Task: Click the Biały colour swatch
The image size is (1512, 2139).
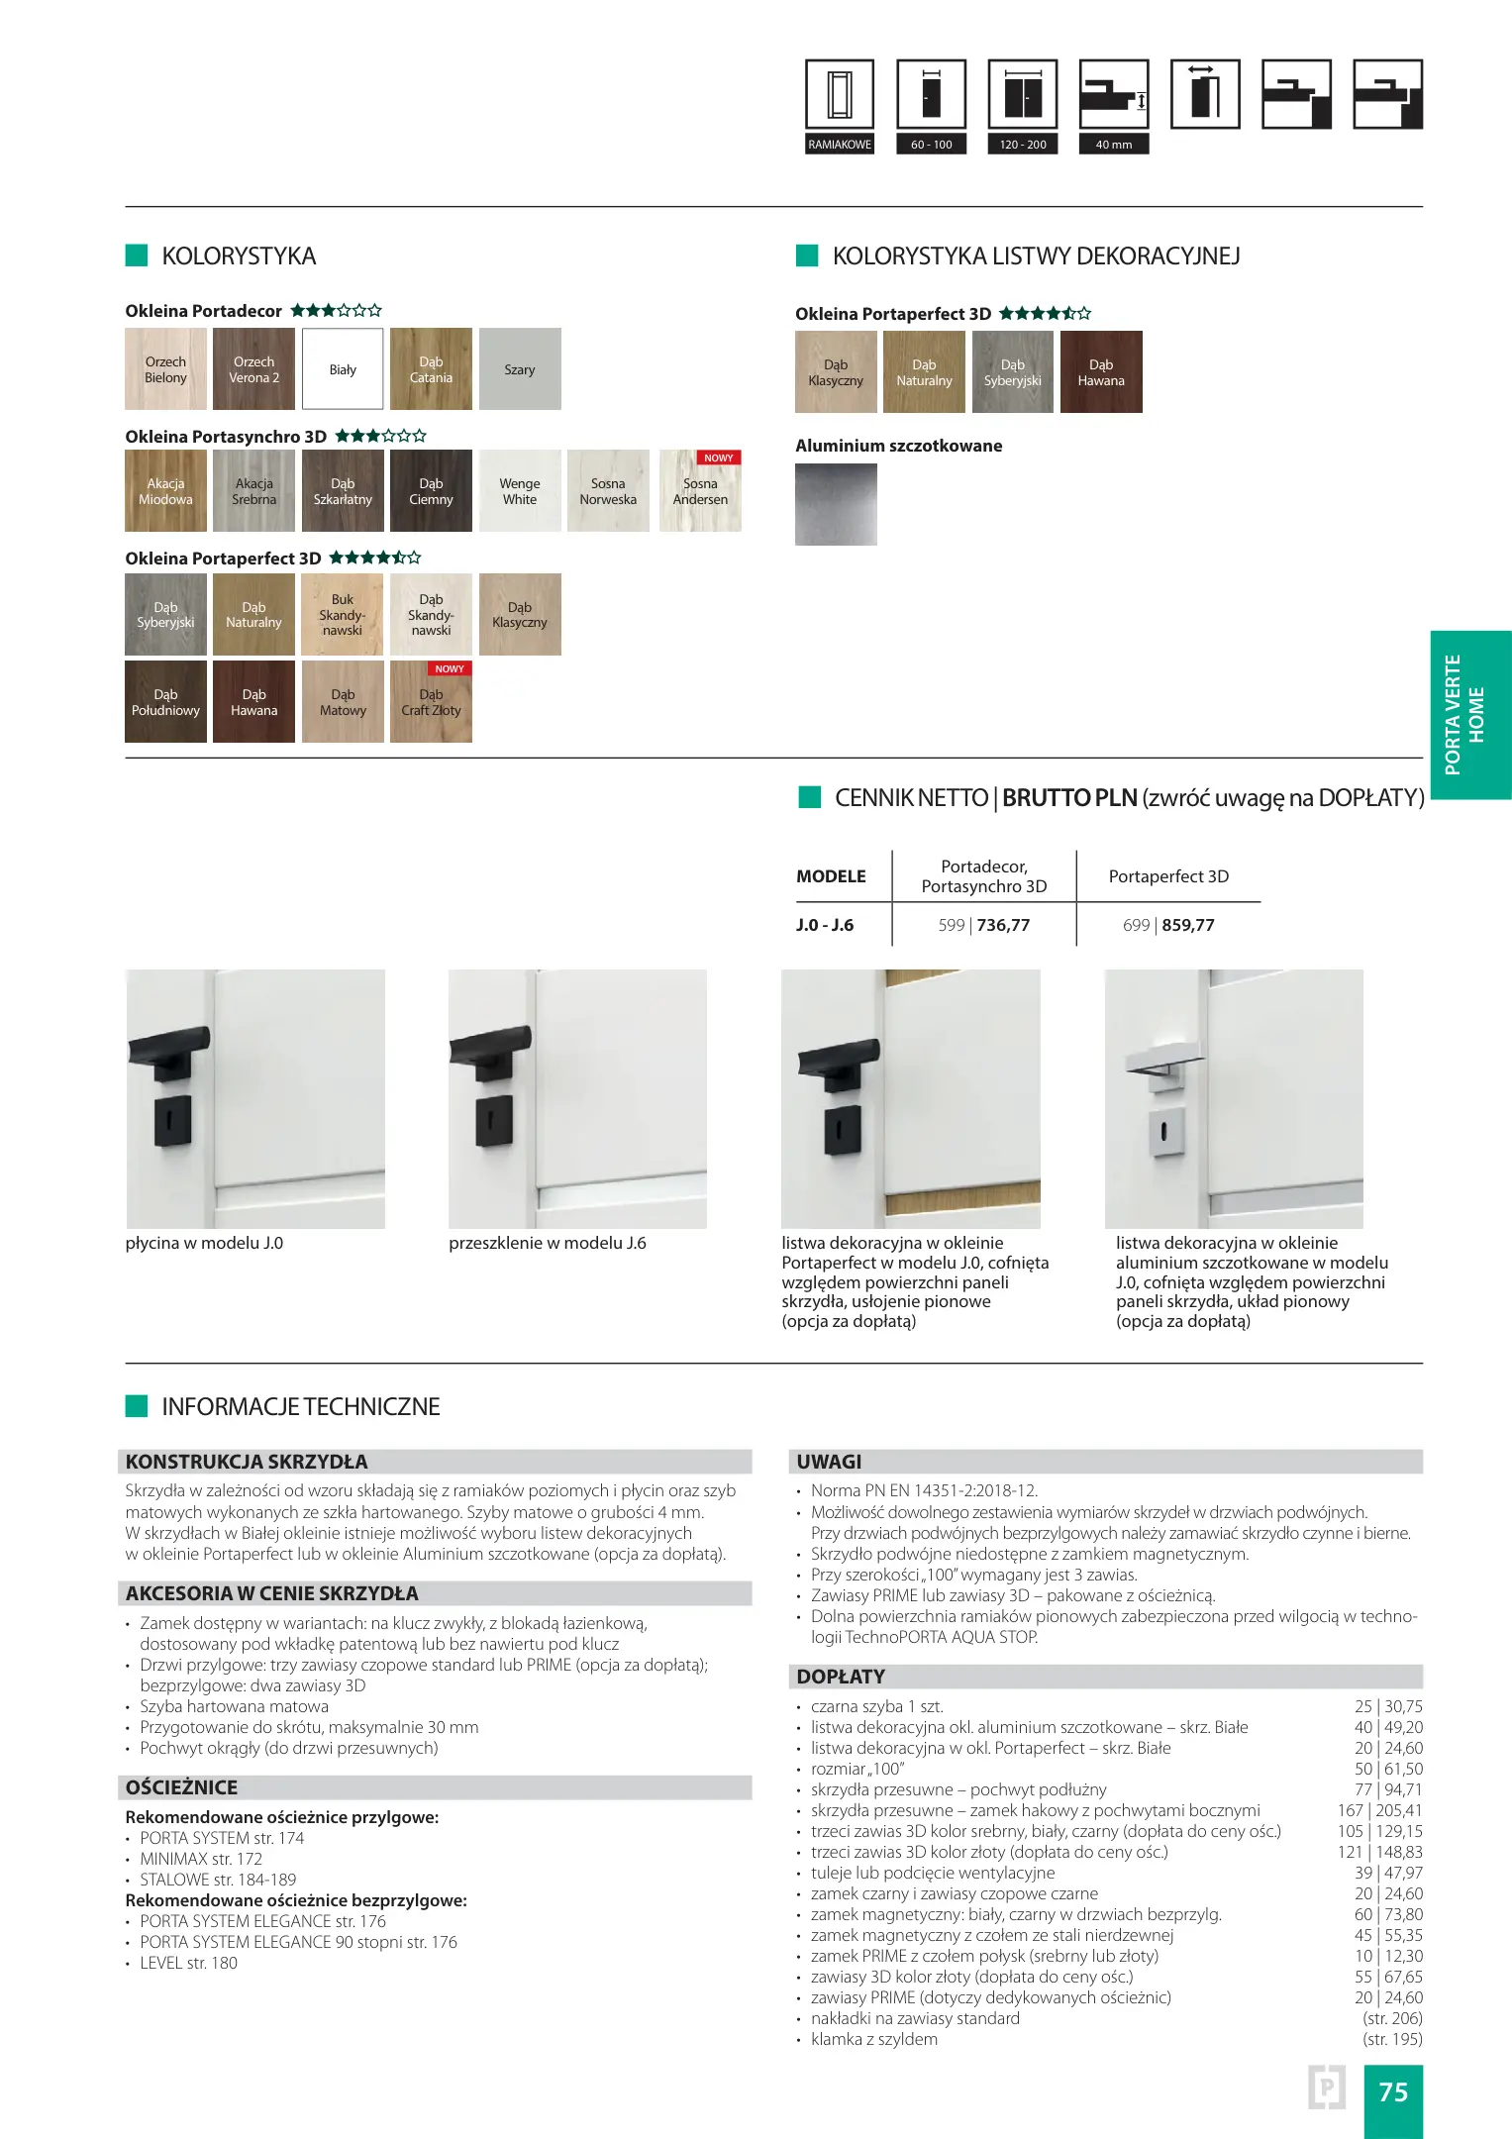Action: [x=343, y=369]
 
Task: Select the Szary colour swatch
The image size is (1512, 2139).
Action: [x=520, y=369]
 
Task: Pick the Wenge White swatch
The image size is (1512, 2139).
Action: [x=520, y=491]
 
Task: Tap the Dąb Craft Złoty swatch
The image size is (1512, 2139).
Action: [x=431, y=702]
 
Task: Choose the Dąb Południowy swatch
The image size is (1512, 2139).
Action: [x=165, y=702]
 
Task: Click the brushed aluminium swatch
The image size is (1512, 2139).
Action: [x=836, y=504]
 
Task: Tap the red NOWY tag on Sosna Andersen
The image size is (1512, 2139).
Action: [x=719, y=458]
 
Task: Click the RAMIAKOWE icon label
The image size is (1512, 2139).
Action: [x=840, y=145]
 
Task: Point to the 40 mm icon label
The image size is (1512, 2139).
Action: [x=1114, y=145]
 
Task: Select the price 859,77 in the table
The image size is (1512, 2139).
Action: [x=1188, y=925]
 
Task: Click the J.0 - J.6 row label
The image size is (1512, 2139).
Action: [x=825, y=925]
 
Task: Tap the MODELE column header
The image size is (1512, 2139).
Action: [x=831, y=876]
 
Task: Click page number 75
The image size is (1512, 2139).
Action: [x=1393, y=2091]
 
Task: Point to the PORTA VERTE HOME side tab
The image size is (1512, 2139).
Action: [x=1470, y=715]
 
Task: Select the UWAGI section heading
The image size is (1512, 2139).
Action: [x=830, y=1462]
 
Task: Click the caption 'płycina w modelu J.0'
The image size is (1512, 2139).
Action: [x=204, y=1243]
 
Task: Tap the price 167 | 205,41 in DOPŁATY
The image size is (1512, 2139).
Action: [x=1379, y=1810]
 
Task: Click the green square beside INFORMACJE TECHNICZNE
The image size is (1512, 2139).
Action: [x=137, y=1406]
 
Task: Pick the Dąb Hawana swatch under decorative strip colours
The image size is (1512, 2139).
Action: [x=1101, y=372]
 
